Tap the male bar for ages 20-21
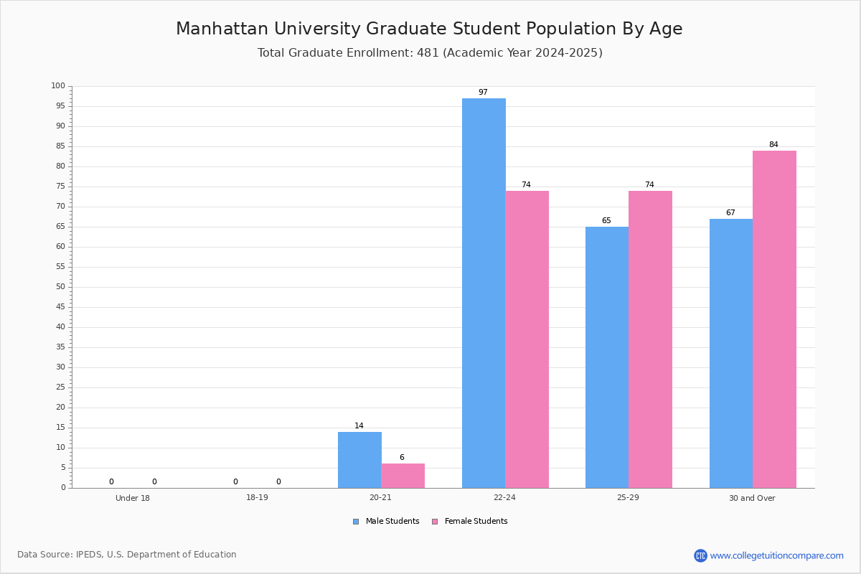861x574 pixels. click(x=359, y=460)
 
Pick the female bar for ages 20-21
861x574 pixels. click(x=403, y=476)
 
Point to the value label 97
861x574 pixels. click(x=483, y=93)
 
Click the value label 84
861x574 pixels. click(x=773, y=145)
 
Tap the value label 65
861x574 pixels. click(x=606, y=221)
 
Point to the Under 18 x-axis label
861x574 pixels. click(x=133, y=498)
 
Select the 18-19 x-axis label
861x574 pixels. click(x=257, y=498)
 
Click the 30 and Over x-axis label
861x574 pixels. click(x=752, y=498)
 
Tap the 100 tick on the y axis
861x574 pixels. click(x=58, y=86)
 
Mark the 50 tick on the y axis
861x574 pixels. click(x=60, y=287)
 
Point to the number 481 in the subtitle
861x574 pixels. click(x=428, y=53)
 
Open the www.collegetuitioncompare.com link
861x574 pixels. click(x=776, y=555)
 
